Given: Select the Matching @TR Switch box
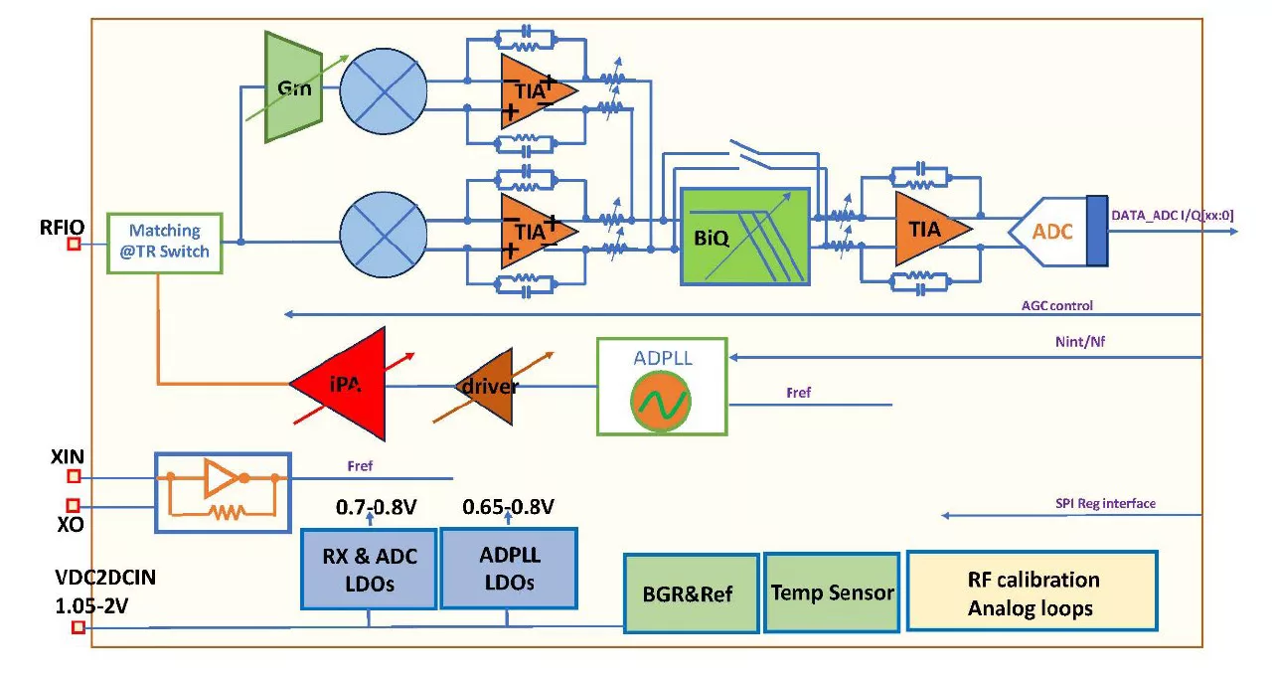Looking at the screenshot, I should (164, 242).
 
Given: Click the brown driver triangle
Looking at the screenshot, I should (486, 386).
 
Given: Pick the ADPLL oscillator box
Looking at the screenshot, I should (661, 386).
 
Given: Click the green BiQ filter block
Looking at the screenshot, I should (745, 237).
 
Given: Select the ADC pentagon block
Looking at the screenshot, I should (1046, 231).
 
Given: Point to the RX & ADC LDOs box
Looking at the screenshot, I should (369, 569).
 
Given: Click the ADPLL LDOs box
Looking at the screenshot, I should (508, 568).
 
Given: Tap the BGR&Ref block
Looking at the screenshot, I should (692, 593).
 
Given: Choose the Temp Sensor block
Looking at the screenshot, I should (832, 592).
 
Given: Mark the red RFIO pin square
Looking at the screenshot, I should (74, 243).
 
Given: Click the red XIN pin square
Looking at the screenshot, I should (74, 476).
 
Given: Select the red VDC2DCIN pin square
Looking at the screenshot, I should (78, 627).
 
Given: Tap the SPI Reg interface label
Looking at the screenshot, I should (1106, 504).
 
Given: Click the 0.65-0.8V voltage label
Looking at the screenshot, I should (508, 507).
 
